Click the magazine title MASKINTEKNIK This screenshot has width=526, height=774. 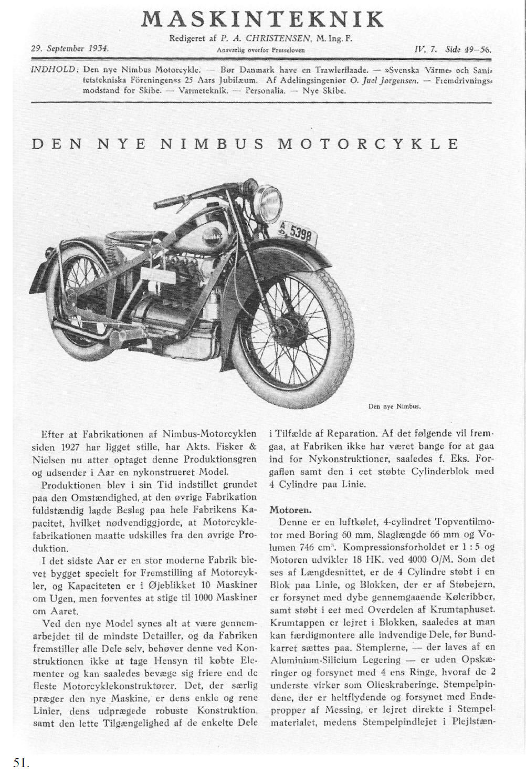pyautogui.click(x=262, y=19)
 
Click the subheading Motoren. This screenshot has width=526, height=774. pyautogui.click(x=290, y=509)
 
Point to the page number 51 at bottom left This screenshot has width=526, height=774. pyautogui.click(x=20, y=763)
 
